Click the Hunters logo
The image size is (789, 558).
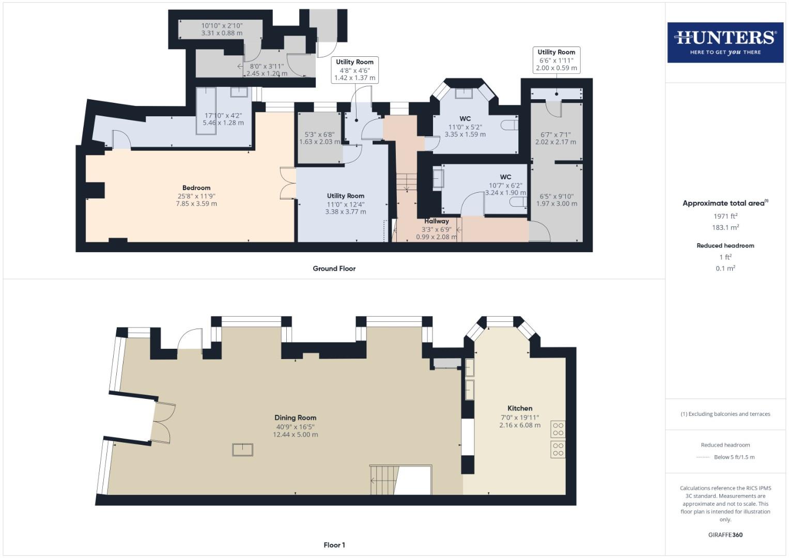725,42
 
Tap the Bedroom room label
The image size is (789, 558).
196,188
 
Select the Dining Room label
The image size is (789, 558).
295,417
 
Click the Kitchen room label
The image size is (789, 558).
520,408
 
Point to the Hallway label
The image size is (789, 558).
437,221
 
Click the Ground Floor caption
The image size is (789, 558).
334,269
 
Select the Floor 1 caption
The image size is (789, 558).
334,545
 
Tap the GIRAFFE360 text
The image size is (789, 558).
725,535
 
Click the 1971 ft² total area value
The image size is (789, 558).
725,216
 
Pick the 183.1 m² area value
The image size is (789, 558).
725,227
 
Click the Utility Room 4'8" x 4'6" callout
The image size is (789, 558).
354,70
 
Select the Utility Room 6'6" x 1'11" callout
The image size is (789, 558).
556,60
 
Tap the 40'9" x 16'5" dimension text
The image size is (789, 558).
295,427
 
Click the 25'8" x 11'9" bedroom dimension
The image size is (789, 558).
196,196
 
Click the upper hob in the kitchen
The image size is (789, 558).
558,429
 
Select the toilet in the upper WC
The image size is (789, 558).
509,125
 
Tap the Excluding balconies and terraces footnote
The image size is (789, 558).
725,414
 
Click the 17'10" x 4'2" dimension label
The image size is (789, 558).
223,116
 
